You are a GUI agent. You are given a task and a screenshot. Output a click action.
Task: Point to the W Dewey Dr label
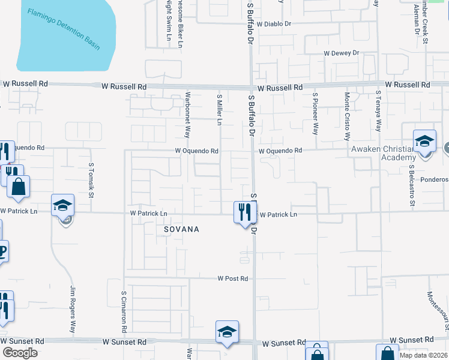pyautogui.click(x=341, y=53)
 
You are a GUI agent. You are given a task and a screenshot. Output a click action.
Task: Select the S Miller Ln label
pyautogui.click(x=220, y=110)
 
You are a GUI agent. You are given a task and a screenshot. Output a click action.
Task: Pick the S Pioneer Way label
pyautogui.click(x=315, y=113)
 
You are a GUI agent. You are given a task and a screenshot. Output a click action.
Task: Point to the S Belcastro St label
pyautogui.click(x=412, y=185)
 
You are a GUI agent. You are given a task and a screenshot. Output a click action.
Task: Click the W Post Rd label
pyautogui.click(x=233, y=278)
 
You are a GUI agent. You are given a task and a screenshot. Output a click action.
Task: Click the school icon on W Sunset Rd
pyautogui.click(x=228, y=332)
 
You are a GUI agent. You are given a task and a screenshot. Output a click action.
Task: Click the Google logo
pyautogui.click(x=20, y=353)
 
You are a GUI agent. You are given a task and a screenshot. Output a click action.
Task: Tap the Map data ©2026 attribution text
pyautogui.click(x=423, y=355)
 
